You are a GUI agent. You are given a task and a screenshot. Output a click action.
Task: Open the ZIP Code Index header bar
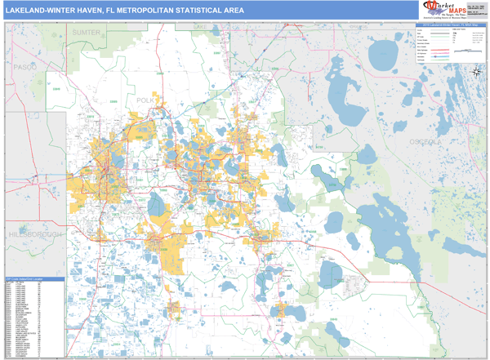click(x=33, y=279)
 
